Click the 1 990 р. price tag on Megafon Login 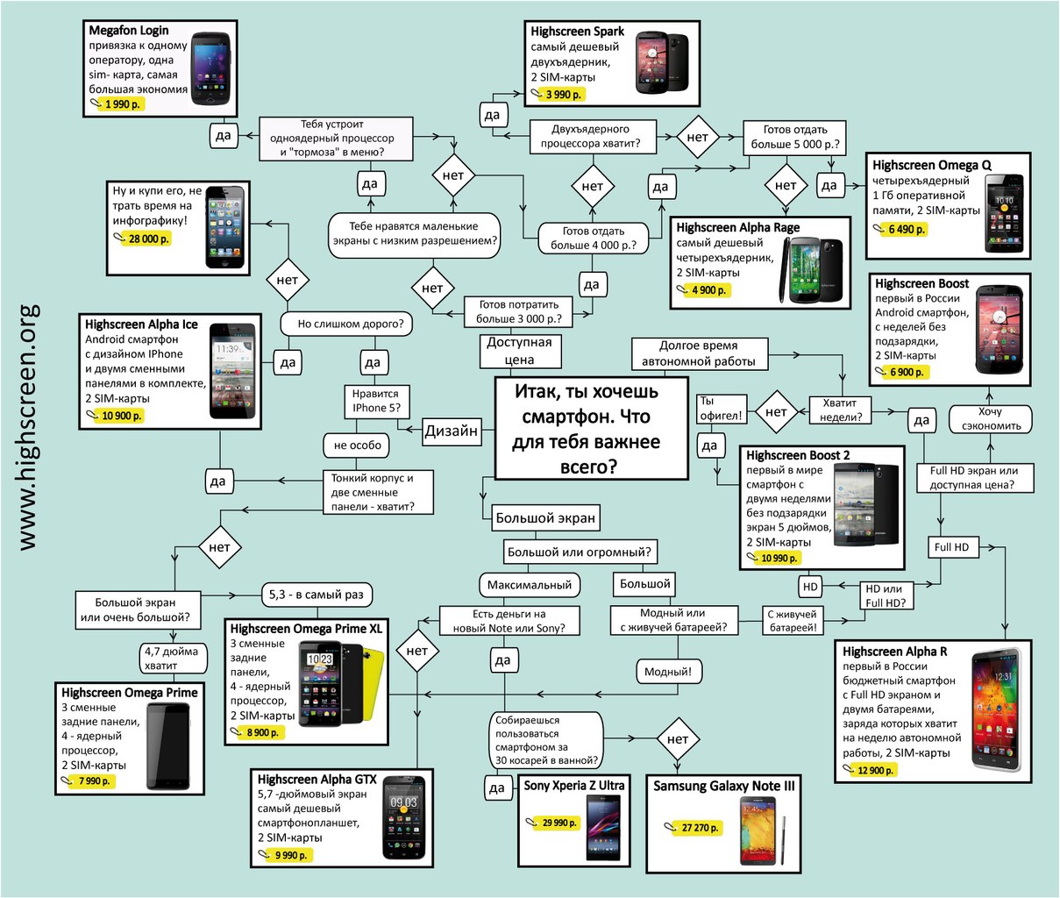tap(122, 104)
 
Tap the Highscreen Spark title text tap(577, 32)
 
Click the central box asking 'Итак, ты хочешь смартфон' tap(591, 429)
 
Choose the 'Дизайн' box tap(452, 431)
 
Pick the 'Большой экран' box tap(545, 518)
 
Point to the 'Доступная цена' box tap(520, 351)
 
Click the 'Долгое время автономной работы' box tap(700, 353)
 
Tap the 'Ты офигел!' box tap(722, 409)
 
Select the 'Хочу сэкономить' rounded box tap(991, 419)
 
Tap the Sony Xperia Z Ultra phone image tap(604, 828)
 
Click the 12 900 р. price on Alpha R tap(875, 770)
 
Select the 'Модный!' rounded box tap(668, 672)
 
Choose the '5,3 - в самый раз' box tap(317, 595)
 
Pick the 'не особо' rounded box tap(357, 445)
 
